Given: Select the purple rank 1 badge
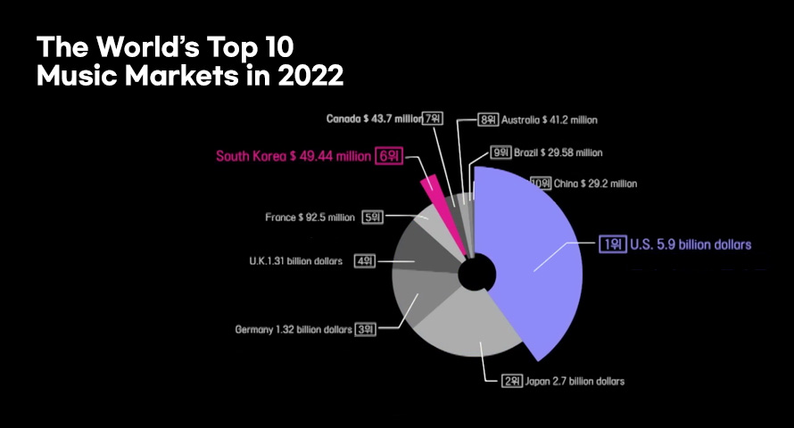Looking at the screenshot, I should [612, 244].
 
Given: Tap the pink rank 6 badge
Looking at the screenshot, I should [389, 156].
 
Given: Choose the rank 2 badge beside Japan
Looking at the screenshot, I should [511, 381].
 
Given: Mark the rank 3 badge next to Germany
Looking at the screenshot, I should [366, 329].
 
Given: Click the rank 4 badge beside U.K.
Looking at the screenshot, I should [364, 261].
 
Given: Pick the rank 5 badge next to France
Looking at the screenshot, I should [372, 217].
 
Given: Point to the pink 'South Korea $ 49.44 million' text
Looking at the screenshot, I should [293, 157].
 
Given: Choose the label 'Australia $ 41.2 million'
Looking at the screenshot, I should [549, 119].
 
